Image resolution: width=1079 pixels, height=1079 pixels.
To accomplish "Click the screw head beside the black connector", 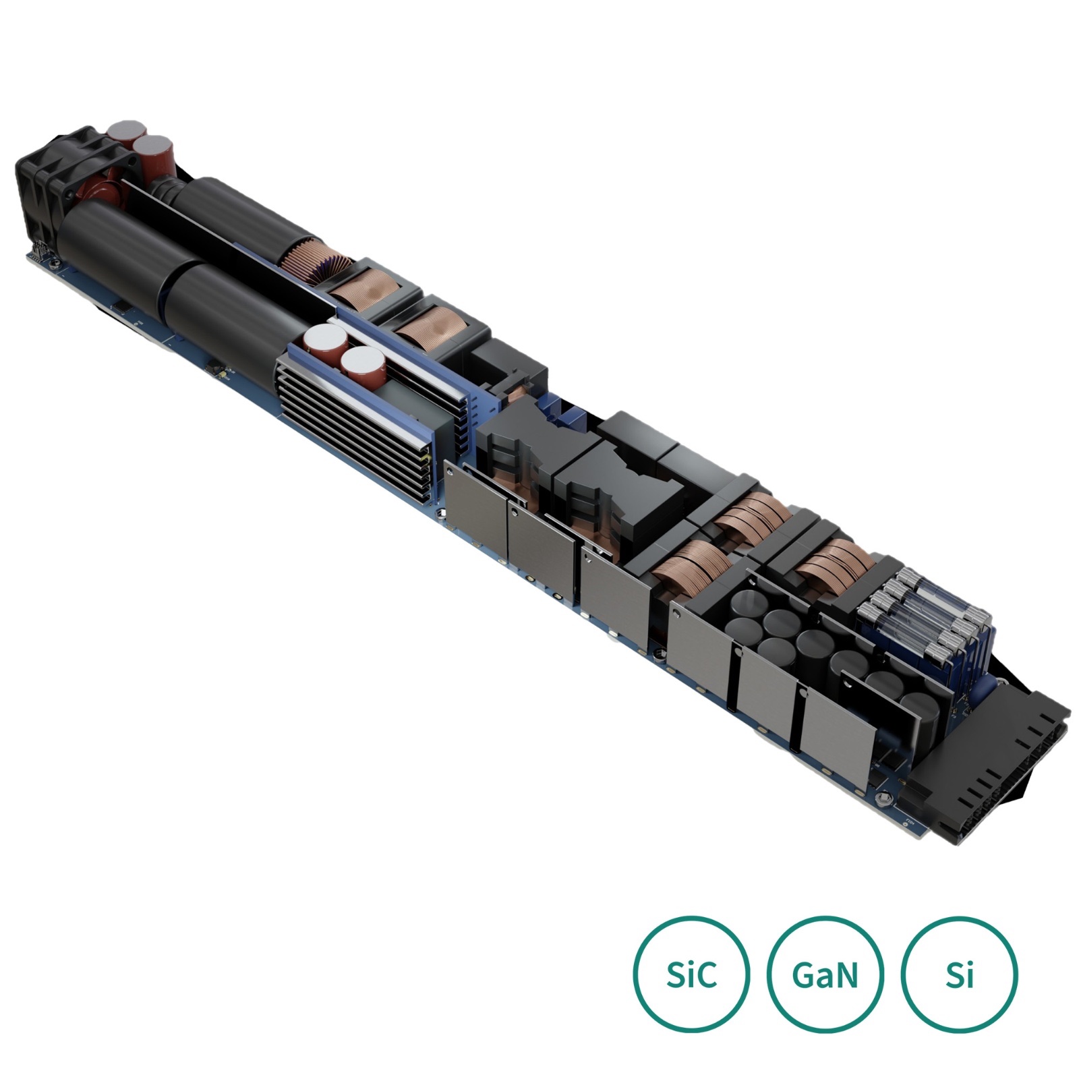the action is coord(885,800).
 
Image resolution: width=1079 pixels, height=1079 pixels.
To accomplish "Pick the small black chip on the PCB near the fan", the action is coord(120,308).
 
